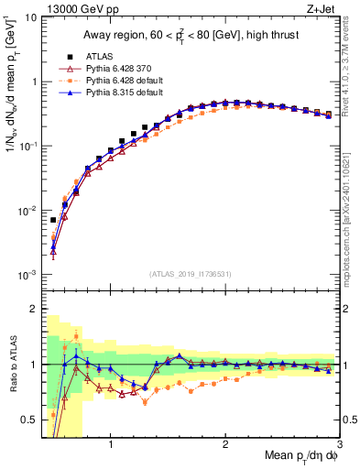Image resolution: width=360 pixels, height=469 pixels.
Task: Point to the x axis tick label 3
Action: (339, 446)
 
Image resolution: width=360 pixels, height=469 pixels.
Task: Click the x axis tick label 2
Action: (225, 446)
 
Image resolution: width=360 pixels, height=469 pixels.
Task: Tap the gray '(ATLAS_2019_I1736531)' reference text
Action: (191, 274)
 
